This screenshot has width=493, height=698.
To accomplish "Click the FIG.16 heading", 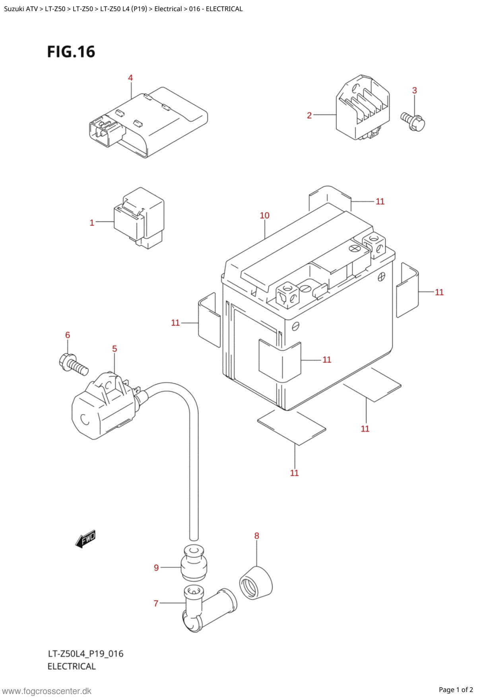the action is point(71,52).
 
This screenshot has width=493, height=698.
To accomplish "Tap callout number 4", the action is point(130,78).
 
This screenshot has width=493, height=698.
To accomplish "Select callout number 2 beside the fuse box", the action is point(309,115).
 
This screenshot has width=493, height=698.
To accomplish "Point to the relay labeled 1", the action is point(139,218).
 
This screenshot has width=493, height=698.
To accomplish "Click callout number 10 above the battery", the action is point(265,216).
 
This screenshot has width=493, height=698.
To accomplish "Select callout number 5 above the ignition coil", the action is point(115,349).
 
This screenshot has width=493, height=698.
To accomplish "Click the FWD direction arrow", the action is point(85,539).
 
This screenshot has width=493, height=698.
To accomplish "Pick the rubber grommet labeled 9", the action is point(194,561).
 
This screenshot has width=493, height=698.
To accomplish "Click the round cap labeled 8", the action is point(256,583).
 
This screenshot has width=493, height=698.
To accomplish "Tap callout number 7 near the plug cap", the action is point(156,604).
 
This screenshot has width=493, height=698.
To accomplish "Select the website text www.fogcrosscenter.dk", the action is point(47,691).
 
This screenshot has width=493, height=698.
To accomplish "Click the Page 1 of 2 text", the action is point(456,690).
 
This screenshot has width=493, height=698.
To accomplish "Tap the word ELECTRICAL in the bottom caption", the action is point(72,666).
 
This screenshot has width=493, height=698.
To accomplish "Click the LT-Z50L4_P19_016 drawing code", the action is point(85,653).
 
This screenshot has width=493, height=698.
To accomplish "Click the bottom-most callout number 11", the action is point(294,473).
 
